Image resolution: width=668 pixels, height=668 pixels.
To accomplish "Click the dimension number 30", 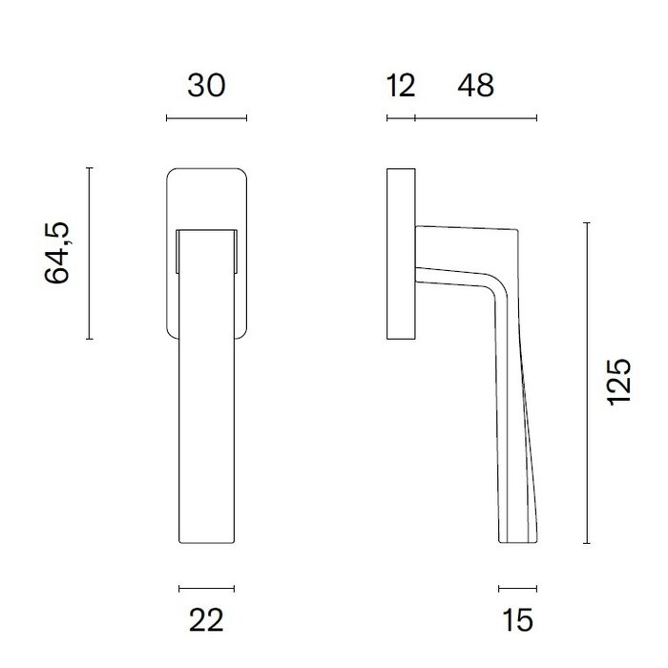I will click(206, 86).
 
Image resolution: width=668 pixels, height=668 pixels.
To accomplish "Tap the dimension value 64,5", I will click(58, 253).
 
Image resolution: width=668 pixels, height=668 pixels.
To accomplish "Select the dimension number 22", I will click(206, 620).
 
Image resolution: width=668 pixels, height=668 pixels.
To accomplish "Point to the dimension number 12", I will click(402, 86).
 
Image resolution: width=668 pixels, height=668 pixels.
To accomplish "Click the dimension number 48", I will click(475, 86).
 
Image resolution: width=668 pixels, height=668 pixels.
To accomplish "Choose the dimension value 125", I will click(619, 382).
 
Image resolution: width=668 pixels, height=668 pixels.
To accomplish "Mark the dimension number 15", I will click(516, 620).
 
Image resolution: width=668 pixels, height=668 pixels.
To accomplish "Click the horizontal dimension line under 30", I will click(206, 118).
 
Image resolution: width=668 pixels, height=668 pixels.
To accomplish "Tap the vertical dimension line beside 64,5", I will click(89, 253).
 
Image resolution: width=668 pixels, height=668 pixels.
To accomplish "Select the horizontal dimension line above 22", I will click(206, 588).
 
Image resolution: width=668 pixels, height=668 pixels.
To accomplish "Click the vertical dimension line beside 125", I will click(587, 382).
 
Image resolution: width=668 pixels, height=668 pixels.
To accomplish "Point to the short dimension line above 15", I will click(517, 588).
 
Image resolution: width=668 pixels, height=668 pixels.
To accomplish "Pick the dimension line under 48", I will click(475, 118).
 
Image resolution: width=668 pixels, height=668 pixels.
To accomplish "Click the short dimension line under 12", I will click(401, 118).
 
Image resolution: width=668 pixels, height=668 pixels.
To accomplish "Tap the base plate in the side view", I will click(401, 254).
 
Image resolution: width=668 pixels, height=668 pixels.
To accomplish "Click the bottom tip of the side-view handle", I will click(516, 544).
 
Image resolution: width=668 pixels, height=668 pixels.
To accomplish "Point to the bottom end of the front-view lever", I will click(206, 544).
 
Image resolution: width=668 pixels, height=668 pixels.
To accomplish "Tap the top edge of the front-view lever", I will click(206, 230).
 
